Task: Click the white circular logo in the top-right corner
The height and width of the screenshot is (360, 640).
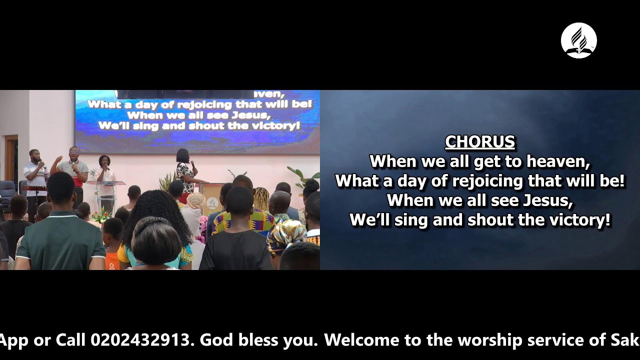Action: coord(578,40)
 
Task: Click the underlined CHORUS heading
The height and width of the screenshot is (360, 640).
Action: coord(479,142)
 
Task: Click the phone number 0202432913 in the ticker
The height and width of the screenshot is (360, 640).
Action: coord(141,340)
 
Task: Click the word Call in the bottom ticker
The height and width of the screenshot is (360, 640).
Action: coord(71,340)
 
